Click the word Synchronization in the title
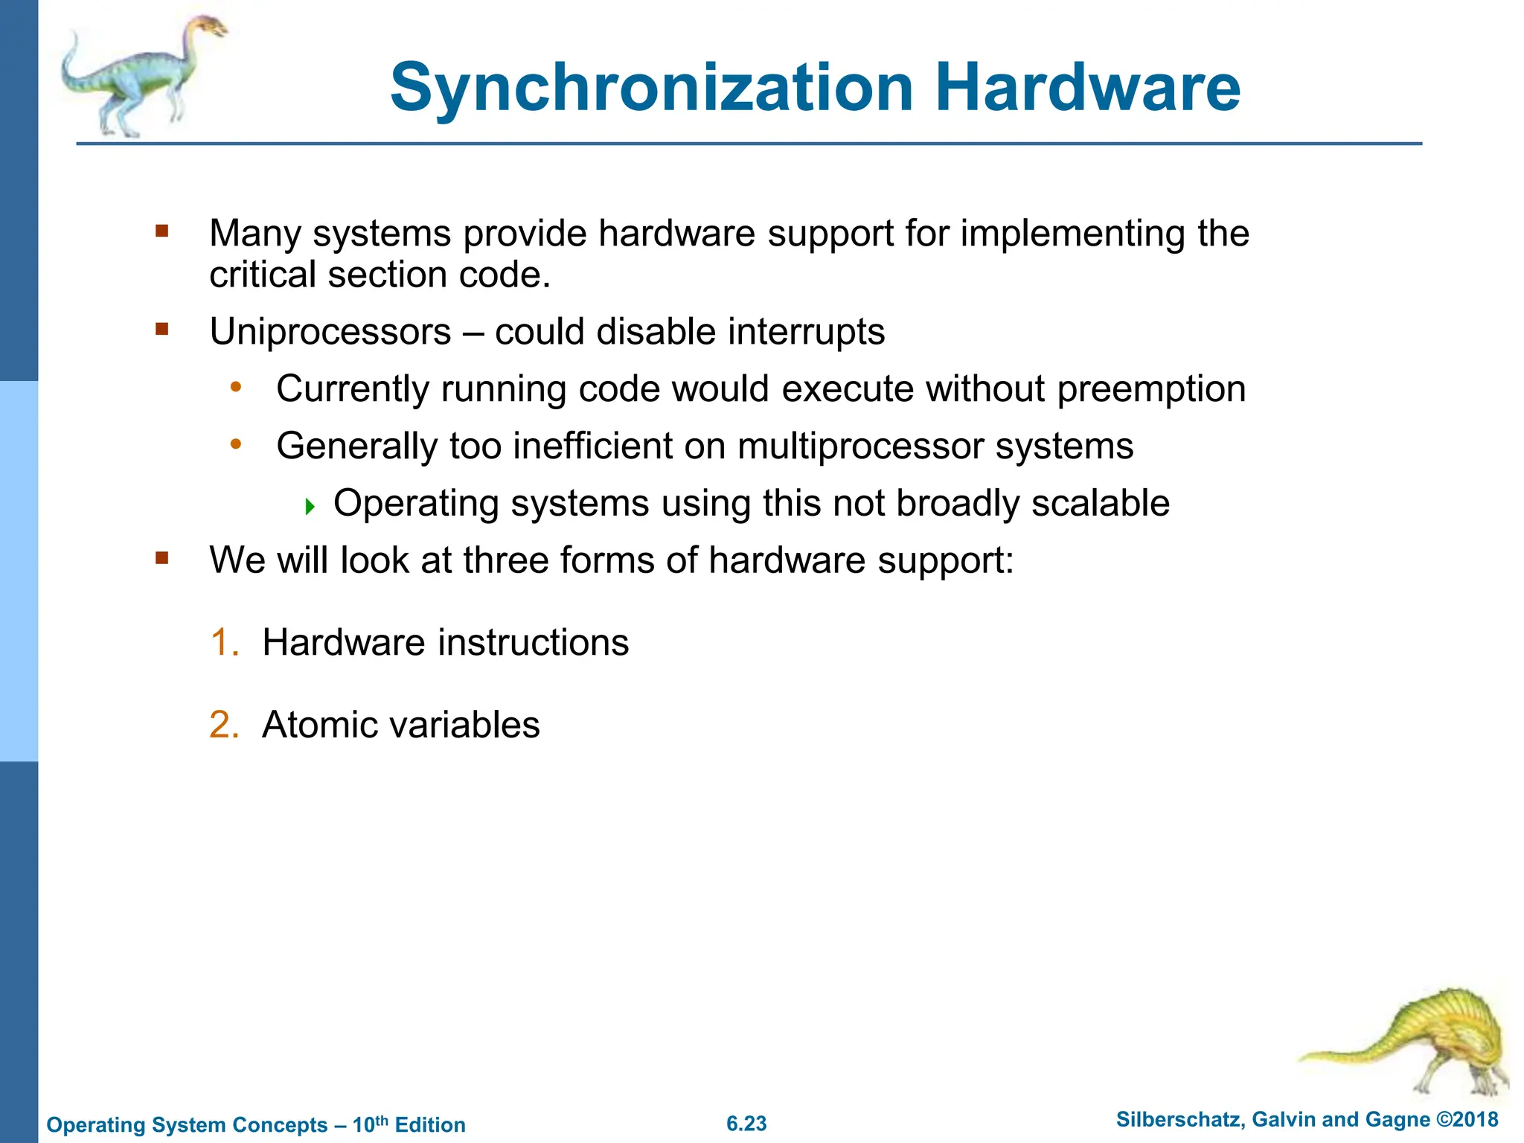651,88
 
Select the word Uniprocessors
330,332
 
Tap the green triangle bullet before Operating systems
310,508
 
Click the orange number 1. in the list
224,642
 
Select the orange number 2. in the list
224,725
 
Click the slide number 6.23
746,1124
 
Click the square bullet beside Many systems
162,231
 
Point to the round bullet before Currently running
236,387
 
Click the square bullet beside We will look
162,557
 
